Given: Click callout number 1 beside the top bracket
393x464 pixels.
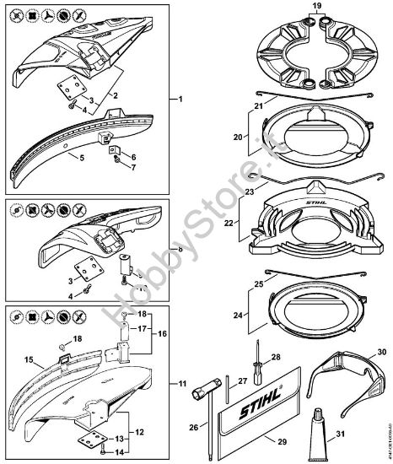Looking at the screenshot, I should pyautogui.click(x=178, y=100).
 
